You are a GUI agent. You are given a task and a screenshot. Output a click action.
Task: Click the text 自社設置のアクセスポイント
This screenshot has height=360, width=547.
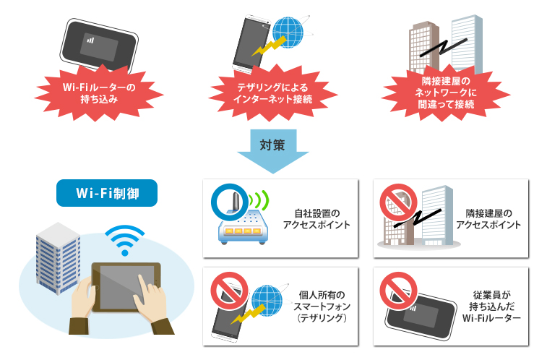(318, 219)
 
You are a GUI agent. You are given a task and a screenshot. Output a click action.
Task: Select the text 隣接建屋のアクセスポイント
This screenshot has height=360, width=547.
(493, 219)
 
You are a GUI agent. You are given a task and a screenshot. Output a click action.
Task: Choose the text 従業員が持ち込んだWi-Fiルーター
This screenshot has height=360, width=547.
(494, 307)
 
